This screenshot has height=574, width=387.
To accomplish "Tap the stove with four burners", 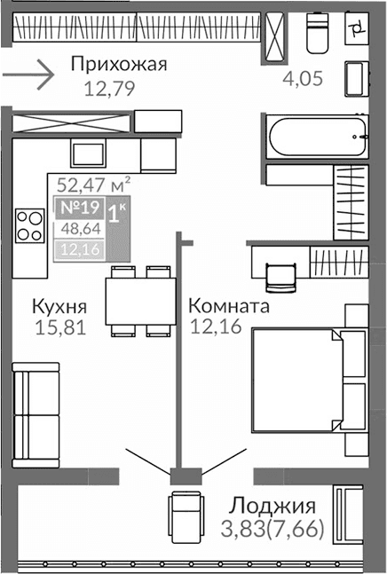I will tap(29, 225).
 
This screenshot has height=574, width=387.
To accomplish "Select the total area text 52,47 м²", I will tap(93, 185).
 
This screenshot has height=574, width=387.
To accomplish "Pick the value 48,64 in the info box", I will tap(77, 230).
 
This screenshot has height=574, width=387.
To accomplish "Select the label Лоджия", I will tap(272, 507).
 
